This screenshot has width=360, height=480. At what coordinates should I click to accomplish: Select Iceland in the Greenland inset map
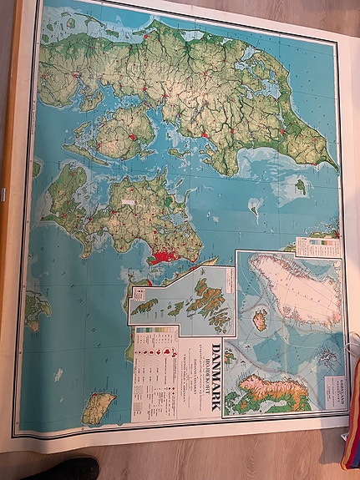click(x=260, y=320)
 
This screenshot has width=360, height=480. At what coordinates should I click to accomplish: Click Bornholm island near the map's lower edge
click(x=98, y=407)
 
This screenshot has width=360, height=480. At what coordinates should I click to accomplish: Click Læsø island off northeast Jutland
click(x=299, y=186)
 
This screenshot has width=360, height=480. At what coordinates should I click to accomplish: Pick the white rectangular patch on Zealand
click(x=129, y=201)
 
